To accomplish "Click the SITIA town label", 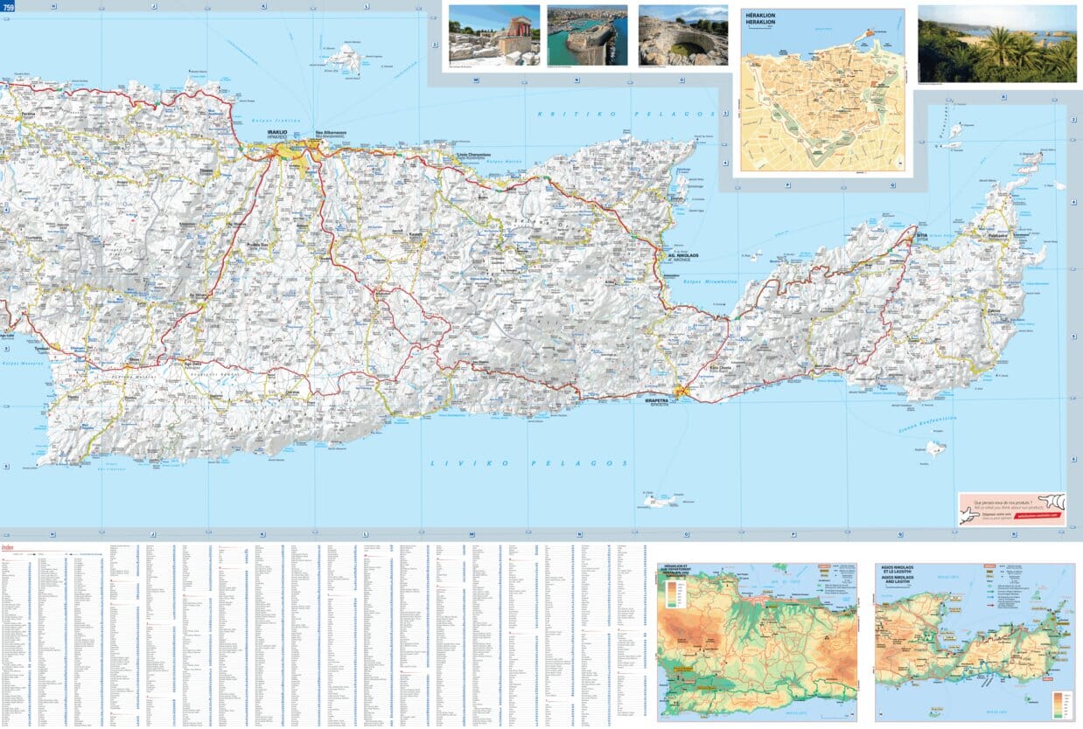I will click(x=919, y=235).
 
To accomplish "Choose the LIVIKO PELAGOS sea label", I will click(x=529, y=463).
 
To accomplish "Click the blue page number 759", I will click(x=9, y=7).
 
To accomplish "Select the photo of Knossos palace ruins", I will click(x=493, y=35).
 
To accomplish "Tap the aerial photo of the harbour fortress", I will click(x=587, y=35).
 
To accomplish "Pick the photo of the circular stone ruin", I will click(x=682, y=35).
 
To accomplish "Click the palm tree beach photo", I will click(x=996, y=44).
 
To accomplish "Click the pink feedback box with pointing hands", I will click(x=1011, y=509).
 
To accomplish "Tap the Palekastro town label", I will click(x=998, y=235).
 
